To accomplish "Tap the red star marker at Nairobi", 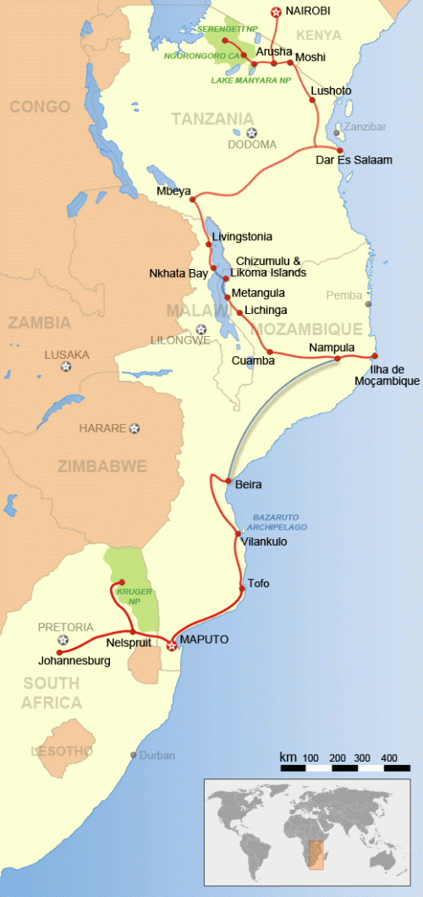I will pyautogui.click(x=274, y=12).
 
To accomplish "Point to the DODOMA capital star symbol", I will pyautogui.click(x=251, y=132).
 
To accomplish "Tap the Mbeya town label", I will pyautogui.click(x=173, y=190).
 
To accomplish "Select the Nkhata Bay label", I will pyautogui.click(x=178, y=273).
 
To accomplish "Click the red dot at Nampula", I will pyautogui.click(x=337, y=359).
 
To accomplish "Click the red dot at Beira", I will pyautogui.click(x=228, y=482).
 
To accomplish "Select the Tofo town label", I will pyautogui.click(x=259, y=583).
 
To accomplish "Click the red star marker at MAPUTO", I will pyautogui.click(x=172, y=646).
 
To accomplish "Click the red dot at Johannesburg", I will pyautogui.click(x=59, y=652).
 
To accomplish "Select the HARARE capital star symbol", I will pyautogui.click(x=135, y=428).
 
